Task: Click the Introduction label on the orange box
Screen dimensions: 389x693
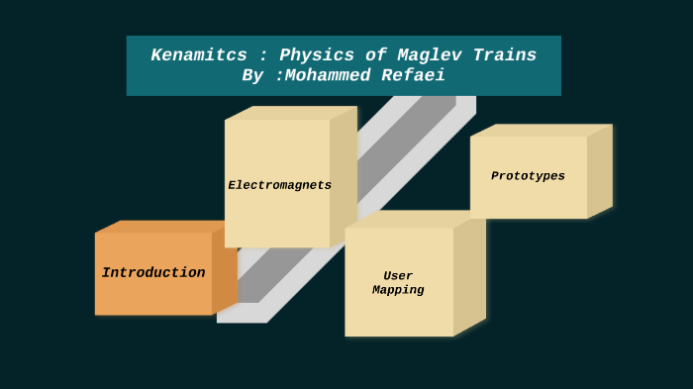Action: (x=153, y=273)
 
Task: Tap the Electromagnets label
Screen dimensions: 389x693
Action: (x=279, y=185)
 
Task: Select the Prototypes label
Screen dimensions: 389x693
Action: (x=528, y=176)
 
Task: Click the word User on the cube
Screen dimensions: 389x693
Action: (x=398, y=276)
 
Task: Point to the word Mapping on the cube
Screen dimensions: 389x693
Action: (x=398, y=291)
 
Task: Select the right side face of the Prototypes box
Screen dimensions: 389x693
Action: (x=600, y=170)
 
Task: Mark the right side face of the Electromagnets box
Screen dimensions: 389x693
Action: (x=344, y=176)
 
